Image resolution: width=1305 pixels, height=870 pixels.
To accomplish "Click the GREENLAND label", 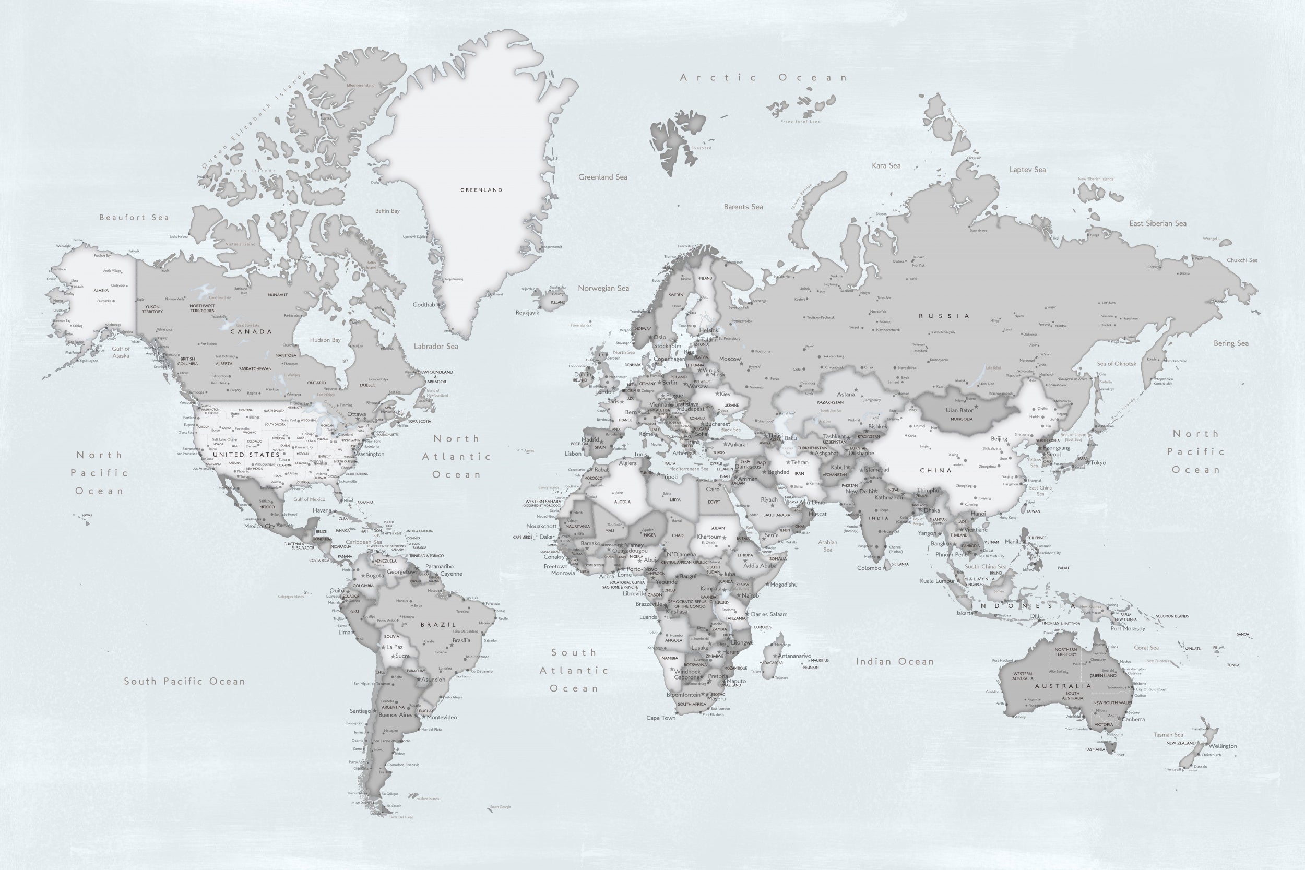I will point(481,190).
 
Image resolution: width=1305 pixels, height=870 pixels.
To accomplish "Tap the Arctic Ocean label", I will point(764,78).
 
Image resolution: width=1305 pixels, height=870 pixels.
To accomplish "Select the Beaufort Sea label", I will point(134,218).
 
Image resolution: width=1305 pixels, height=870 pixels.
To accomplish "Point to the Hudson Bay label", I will point(325,340).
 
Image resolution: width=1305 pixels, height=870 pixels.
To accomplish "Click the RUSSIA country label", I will point(944,316).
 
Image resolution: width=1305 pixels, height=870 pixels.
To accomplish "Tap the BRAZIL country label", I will point(438,625).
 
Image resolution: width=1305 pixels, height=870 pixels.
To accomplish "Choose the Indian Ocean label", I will point(894,661).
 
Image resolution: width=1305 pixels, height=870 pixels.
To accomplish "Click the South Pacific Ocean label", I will point(184,682).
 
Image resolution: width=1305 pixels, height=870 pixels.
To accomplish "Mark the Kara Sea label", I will point(886,166).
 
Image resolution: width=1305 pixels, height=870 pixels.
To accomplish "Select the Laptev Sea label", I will point(1028,170).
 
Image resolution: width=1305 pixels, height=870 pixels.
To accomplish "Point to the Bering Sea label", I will point(1231,343).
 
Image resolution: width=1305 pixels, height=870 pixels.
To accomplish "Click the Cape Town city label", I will point(661,718).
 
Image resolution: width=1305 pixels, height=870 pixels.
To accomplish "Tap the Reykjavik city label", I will point(527,313).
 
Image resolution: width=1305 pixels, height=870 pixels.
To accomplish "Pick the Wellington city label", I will point(1223,746).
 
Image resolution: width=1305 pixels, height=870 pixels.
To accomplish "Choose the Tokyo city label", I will point(1098,463).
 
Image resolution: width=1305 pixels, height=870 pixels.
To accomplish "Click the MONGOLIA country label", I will point(962,419).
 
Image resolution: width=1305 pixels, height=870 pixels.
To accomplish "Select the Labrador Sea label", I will point(435,346).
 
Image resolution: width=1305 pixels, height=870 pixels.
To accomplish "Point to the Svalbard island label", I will point(702,148).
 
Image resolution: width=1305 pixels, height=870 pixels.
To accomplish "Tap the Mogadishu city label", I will point(784,584).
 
